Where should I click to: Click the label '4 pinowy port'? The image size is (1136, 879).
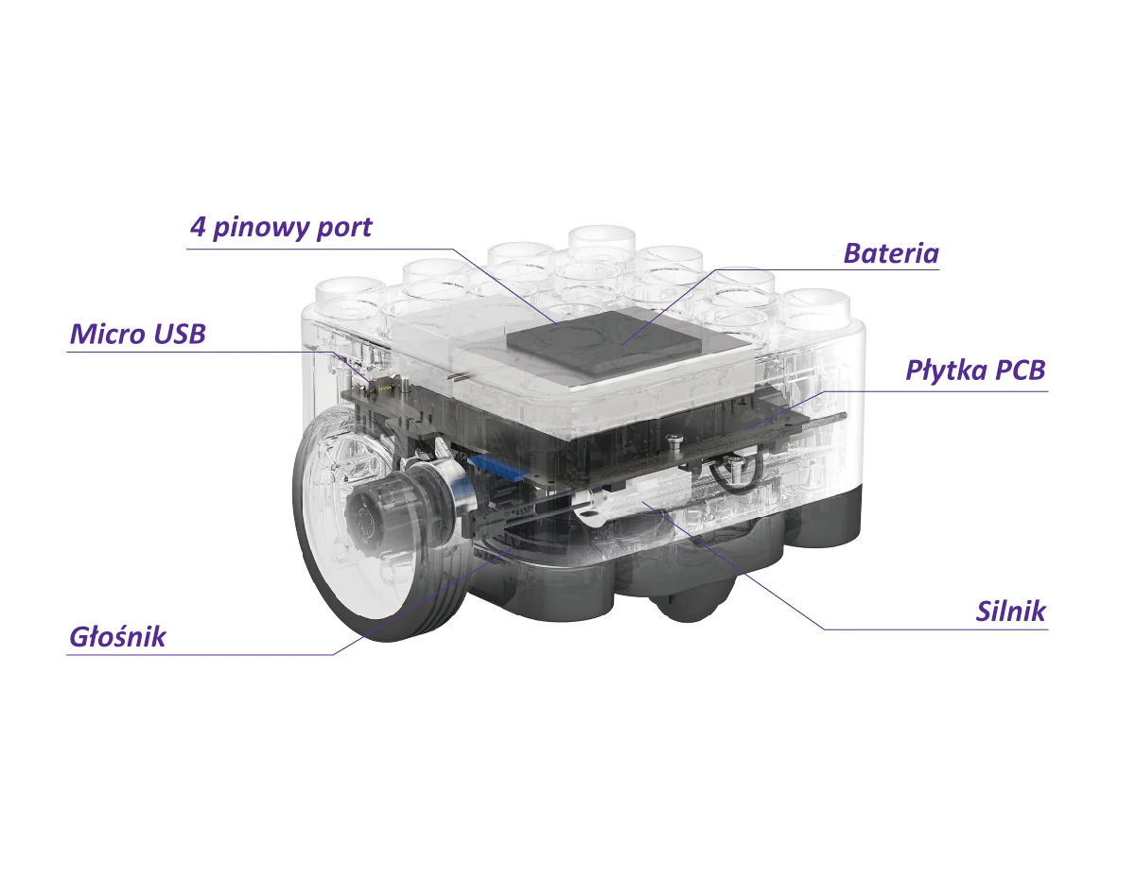pyautogui.click(x=281, y=228)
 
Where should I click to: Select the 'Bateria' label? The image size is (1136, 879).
pyautogui.click(x=891, y=253)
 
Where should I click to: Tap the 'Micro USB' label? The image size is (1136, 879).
pyautogui.click(x=137, y=334)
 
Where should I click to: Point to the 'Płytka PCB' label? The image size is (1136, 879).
pyautogui.click(x=975, y=371)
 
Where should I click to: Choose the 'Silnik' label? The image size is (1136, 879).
pyautogui.click(x=1010, y=612)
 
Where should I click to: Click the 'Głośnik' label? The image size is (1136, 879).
pyautogui.click(x=117, y=637)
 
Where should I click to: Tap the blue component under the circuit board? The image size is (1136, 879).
pyautogui.click(x=497, y=468)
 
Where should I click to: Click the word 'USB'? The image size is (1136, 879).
pyautogui.click(x=180, y=334)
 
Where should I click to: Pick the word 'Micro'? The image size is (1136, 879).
pyautogui.click(x=108, y=334)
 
